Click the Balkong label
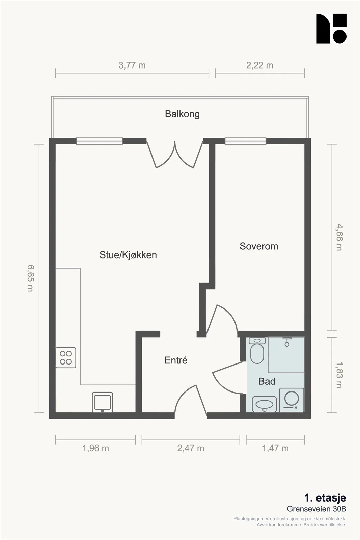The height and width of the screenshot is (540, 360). (x=182, y=114)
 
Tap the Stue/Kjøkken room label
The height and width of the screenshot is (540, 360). (x=128, y=255)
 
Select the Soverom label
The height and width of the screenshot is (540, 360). (x=259, y=246)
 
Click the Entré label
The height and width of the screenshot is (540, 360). (x=176, y=360)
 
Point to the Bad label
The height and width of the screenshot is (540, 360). (x=267, y=381)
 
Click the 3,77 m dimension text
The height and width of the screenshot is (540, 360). (x=132, y=65)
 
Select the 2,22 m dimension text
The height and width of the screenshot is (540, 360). (x=259, y=65)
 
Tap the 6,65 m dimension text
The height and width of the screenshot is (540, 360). (x=31, y=278)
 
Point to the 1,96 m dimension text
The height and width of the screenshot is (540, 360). (x=96, y=449)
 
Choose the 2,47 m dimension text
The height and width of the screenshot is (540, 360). (x=191, y=449)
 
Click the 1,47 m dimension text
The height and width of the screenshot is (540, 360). (x=275, y=449)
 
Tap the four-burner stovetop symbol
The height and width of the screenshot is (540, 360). (x=66, y=357)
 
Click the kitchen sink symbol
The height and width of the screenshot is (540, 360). (x=103, y=402)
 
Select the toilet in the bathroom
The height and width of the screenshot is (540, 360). (x=257, y=350)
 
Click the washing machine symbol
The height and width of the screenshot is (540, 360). (x=292, y=400)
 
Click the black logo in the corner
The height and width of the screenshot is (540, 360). (x=331, y=28)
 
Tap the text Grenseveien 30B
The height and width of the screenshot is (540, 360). (x=316, y=509)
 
